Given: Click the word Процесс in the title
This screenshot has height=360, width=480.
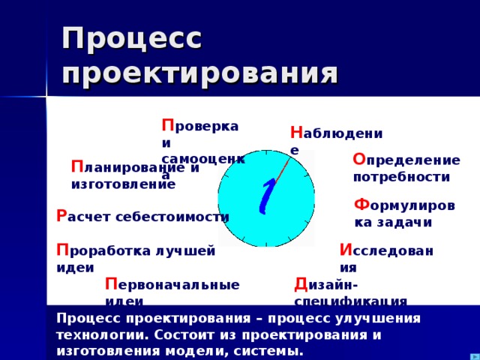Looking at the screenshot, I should coord(132,38).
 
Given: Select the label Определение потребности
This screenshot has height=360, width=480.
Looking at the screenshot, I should coord(406,168).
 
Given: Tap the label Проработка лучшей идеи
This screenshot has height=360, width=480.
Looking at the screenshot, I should coord(135,257).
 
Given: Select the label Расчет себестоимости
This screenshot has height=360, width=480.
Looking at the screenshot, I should coord(142,216).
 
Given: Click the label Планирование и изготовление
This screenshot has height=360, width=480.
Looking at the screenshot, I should coord(135,175).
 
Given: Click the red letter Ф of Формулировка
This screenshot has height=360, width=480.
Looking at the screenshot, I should coord(361,204).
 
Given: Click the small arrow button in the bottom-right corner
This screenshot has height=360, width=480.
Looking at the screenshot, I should coord(474,355).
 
